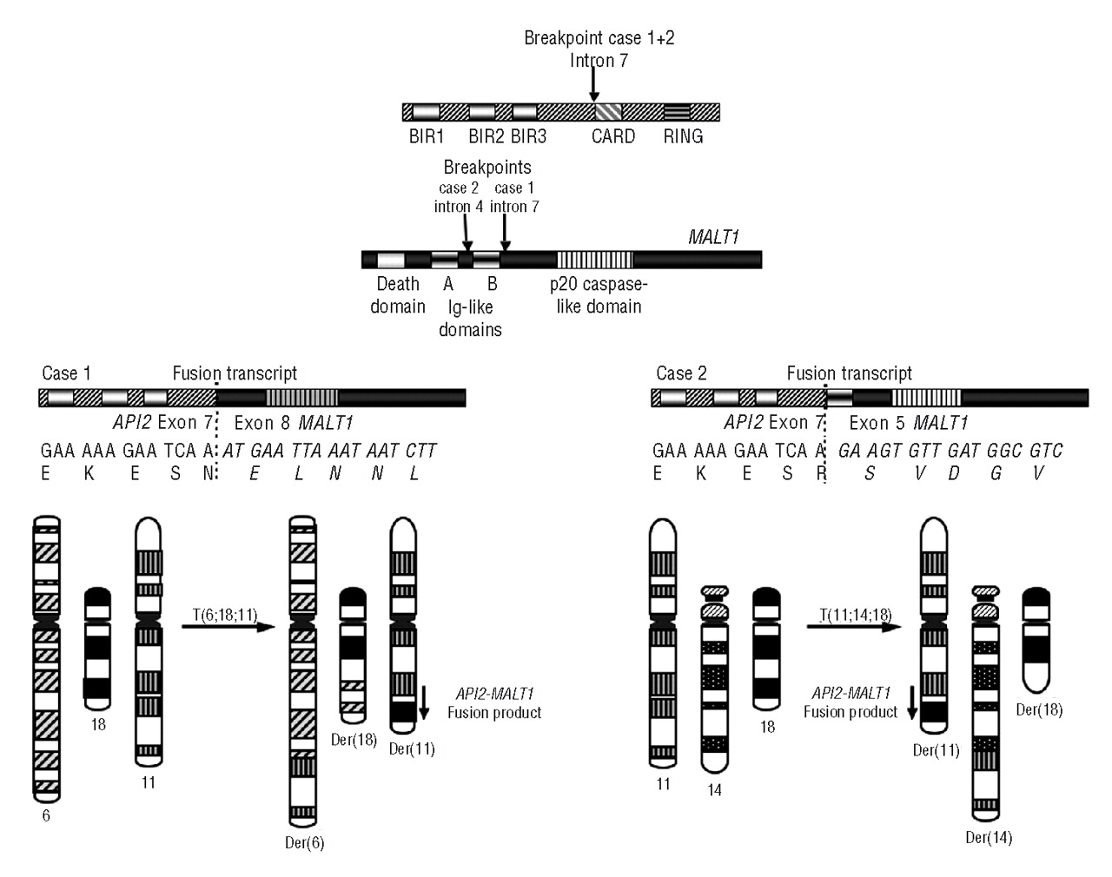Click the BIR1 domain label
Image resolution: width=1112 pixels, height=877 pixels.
pyautogui.click(x=426, y=136)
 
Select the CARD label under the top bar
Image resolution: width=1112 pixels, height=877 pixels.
pyautogui.click(x=613, y=136)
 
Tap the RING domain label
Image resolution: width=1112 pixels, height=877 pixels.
pyautogui.click(x=683, y=136)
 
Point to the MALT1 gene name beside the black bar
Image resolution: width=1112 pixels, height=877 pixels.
pyautogui.click(x=713, y=236)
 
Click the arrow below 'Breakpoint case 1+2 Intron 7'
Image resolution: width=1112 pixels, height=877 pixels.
pyautogui.click(x=593, y=84)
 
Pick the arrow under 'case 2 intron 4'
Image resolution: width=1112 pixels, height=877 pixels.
pyautogui.click(x=467, y=232)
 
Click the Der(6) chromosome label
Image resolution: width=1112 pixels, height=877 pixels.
pyautogui.click(x=304, y=842)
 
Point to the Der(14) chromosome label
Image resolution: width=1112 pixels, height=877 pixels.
pyautogui.click(x=989, y=838)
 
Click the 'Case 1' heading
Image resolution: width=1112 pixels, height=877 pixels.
pyautogui.click(x=66, y=373)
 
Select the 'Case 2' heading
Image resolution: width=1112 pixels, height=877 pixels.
pyautogui.click(x=681, y=373)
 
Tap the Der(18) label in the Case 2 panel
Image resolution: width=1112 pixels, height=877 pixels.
pyautogui.click(x=1039, y=709)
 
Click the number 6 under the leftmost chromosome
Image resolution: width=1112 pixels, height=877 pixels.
pyautogui.click(x=46, y=816)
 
